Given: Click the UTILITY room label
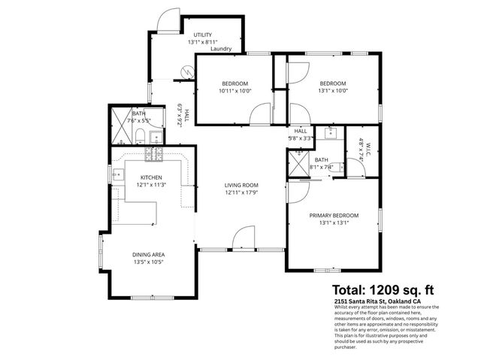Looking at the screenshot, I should click(203, 35).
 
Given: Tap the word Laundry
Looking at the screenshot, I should click(221, 50).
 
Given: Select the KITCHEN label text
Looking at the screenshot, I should click(151, 177).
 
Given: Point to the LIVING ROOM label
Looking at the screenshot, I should click(241, 185).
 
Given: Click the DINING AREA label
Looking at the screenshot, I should click(148, 255).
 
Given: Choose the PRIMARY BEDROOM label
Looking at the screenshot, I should click(334, 215).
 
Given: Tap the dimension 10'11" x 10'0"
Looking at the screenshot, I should click(234, 91).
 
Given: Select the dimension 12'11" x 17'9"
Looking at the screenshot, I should click(241, 193).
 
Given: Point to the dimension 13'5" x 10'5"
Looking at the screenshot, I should click(148, 263).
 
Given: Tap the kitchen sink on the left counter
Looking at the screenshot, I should click(118, 174).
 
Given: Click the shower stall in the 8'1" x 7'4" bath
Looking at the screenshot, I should click(298, 163).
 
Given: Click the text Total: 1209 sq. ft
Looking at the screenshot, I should click(383, 289).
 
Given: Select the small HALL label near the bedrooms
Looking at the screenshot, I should click(301, 131).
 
